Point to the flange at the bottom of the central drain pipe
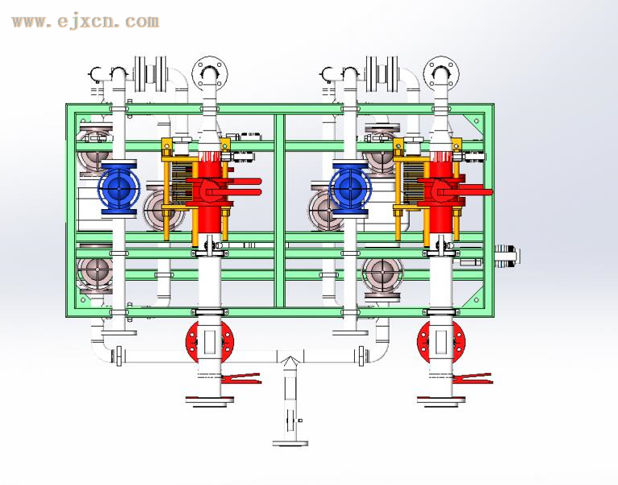(290, 442)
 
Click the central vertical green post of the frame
(279, 209)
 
